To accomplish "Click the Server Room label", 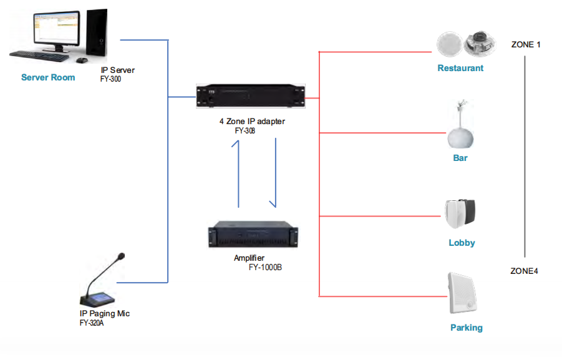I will pos(48,77).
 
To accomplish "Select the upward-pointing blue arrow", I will pos(238,175).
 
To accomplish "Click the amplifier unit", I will pos(253,235).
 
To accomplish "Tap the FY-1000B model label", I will pos(266,267).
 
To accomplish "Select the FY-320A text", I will pos(92,323).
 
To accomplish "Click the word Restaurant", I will pos(460,68).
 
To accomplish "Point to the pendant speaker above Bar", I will pos(460,127).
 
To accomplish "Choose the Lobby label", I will pos(462,243).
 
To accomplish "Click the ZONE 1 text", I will pos(526,45).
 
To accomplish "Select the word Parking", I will pos(466,328).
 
